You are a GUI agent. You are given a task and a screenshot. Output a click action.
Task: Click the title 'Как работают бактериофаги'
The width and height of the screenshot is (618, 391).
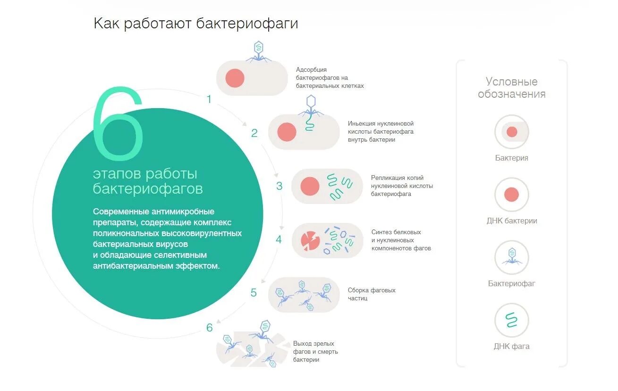pos(195,24)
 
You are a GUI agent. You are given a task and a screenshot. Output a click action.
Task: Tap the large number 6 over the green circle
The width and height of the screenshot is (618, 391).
pos(118,124)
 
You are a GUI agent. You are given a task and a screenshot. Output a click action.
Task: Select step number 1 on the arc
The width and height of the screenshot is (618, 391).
pos(209,99)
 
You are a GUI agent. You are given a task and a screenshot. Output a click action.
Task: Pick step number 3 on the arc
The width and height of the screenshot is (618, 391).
pos(279,186)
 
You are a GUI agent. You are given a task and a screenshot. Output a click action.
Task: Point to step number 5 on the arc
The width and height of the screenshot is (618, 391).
pos(254,293)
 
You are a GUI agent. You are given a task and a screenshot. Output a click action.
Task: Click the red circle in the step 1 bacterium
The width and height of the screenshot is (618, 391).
pos(235,78)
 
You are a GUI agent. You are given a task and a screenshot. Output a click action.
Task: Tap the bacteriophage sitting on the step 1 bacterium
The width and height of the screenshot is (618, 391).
pos(259,51)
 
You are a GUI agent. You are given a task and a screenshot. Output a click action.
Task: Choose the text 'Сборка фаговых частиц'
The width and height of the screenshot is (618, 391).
pos(372,294)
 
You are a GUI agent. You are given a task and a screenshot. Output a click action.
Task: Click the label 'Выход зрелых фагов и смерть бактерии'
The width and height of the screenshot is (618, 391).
pos(315,351)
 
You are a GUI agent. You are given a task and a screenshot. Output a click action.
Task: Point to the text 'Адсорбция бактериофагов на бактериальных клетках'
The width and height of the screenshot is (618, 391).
pos(330,78)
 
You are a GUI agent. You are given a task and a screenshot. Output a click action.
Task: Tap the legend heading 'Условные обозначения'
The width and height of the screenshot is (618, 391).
pos(511,88)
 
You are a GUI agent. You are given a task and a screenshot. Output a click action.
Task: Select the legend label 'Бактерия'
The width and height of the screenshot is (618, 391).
pos(511,158)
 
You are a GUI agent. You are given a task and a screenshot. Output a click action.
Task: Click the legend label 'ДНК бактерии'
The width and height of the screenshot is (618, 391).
pos(511,221)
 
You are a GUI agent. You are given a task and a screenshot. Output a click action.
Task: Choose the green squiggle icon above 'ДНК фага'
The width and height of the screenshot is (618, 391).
pos(511,320)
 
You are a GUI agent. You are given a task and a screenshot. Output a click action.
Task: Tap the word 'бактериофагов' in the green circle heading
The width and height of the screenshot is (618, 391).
pos(148,189)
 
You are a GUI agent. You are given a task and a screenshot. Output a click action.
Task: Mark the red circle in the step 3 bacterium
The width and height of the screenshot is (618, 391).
pos(310,186)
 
